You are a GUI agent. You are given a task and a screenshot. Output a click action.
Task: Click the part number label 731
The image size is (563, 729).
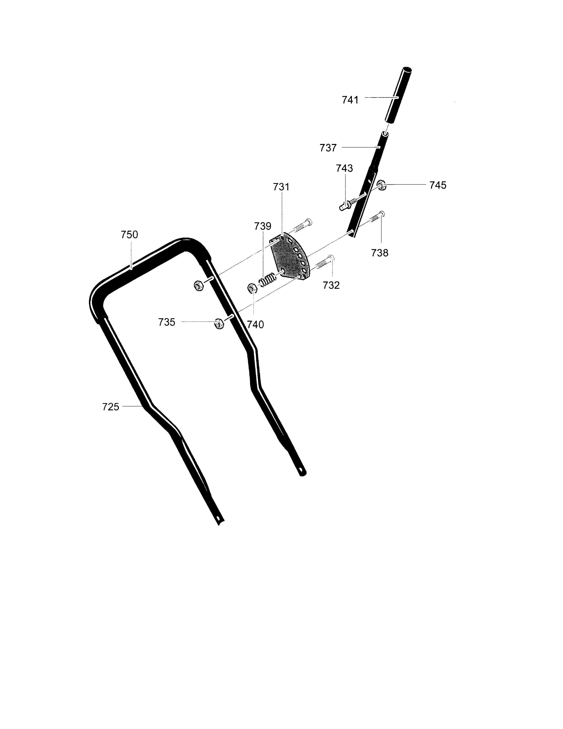coord(281,187)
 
